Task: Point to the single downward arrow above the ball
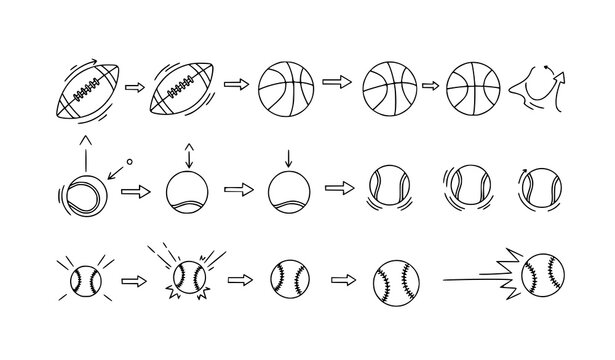pyautogui.click(x=288, y=157)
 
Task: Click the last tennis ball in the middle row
pyautogui.click(x=538, y=188)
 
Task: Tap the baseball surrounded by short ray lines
pyautogui.click(x=86, y=276)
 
